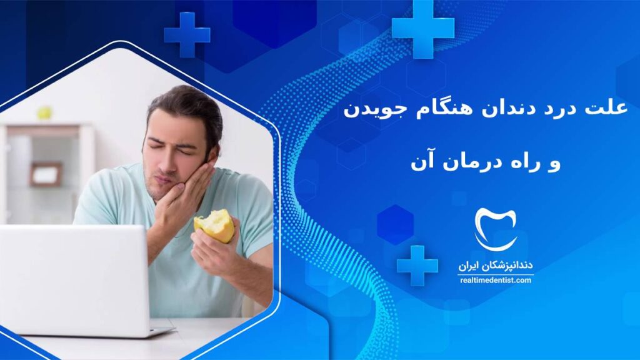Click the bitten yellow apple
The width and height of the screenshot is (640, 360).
point(215,225)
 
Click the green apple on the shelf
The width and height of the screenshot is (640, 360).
point(45,112)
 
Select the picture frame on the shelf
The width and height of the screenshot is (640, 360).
point(46,174)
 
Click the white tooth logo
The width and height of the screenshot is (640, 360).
point(496,229)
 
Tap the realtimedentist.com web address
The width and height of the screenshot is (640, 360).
point(496,281)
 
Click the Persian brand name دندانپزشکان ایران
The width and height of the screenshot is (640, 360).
point(496,266)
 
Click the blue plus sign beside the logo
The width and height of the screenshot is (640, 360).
point(417,266)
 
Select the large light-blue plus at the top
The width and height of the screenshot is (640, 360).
point(423,29)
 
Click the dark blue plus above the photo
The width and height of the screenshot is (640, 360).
point(187,35)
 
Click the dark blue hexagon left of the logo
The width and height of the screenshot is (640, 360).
point(395,225)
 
